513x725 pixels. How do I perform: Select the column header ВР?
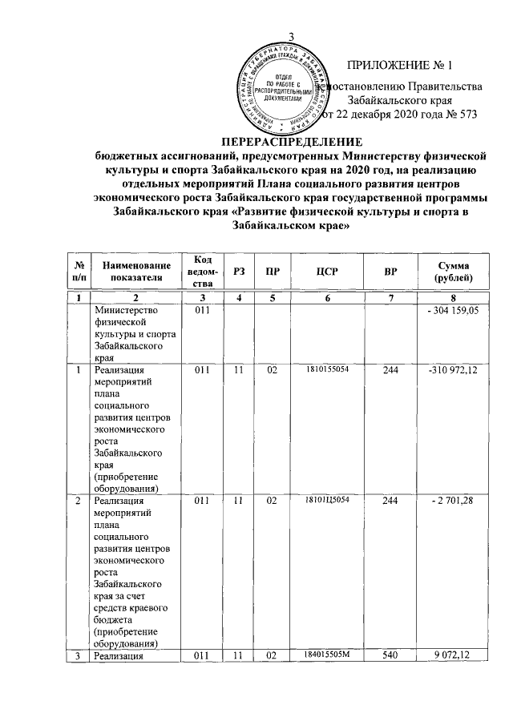[x=391, y=272]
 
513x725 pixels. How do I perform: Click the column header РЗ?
[x=238, y=272]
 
